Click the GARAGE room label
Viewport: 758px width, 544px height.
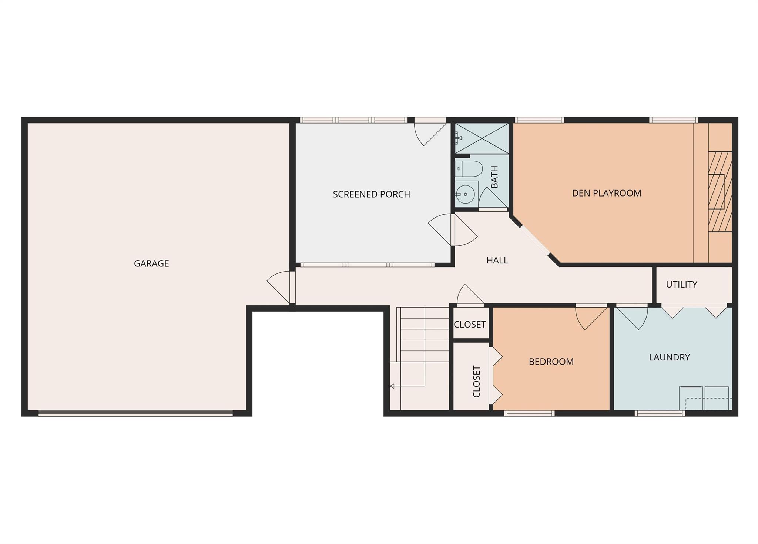tap(151, 263)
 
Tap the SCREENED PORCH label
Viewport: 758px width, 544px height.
tap(371, 194)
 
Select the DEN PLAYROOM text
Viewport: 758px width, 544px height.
tap(606, 193)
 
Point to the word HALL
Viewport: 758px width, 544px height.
tap(497, 261)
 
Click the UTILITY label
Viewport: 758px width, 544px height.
tap(681, 285)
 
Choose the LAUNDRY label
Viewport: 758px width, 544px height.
tap(669, 357)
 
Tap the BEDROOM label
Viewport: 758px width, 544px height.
tap(551, 362)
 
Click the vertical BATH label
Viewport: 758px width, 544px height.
tap(494, 177)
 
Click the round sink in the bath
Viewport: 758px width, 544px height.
tap(465, 194)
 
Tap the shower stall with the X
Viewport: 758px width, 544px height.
tap(482, 138)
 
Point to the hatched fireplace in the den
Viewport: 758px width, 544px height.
tap(720, 192)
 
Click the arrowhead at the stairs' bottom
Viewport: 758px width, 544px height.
tap(392, 386)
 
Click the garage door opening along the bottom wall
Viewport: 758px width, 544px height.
tap(135, 413)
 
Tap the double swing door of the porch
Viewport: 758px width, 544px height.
tap(453, 230)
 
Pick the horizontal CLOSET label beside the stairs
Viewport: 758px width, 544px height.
tap(470, 325)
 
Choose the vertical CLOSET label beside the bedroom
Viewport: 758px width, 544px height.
tap(476, 382)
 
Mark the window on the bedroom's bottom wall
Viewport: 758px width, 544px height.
tap(529, 413)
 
